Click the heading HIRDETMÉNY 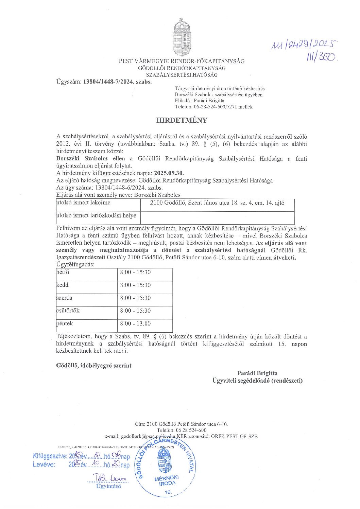pos(182,120)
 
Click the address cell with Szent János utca pos(217,203)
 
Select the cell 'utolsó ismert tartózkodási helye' pos(96,215)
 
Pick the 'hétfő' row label pos(63,273)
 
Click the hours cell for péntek pos(135,324)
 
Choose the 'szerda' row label pos(65,298)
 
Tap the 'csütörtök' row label pos(68,311)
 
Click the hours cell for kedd pos(135,285)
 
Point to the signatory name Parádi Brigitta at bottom pos(257,373)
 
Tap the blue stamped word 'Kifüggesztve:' pos(50,456)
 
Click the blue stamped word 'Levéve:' pos(44,465)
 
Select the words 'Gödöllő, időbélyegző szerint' pos(94,366)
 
